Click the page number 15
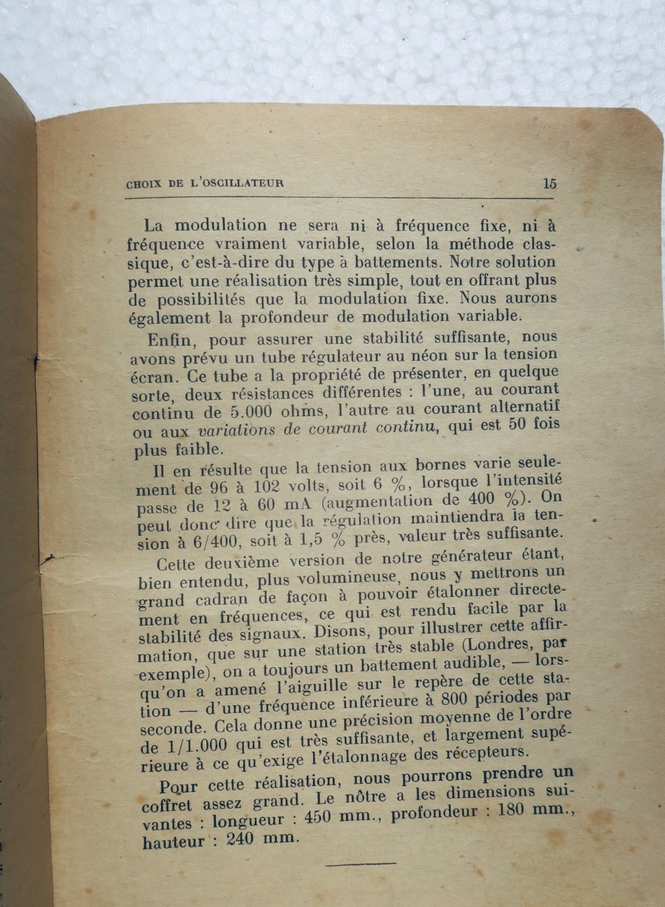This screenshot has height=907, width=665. point(549,184)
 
